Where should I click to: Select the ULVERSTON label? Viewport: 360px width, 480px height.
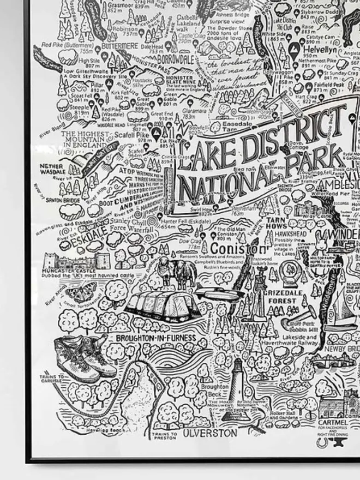[210, 433]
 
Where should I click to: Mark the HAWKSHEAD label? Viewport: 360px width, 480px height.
[290, 233]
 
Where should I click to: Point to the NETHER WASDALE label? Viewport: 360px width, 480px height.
[52, 169]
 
